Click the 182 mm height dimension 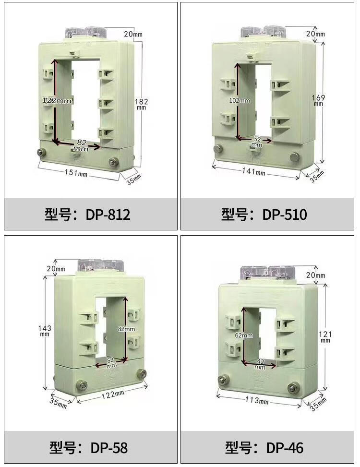tap(141, 104)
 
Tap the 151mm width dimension tap(76, 172)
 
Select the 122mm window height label tap(57, 100)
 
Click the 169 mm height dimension tap(318, 100)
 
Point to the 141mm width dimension tap(253, 171)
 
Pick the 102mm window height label tap(240, 100)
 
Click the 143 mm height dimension tap(45, 330)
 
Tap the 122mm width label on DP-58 tap(113, 395)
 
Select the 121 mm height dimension tap(325, 336)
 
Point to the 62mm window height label tap(244, 335)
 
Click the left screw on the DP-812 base tap(40, 153)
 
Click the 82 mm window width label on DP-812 tap(81, 145)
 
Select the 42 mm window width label tap(260, 364)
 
